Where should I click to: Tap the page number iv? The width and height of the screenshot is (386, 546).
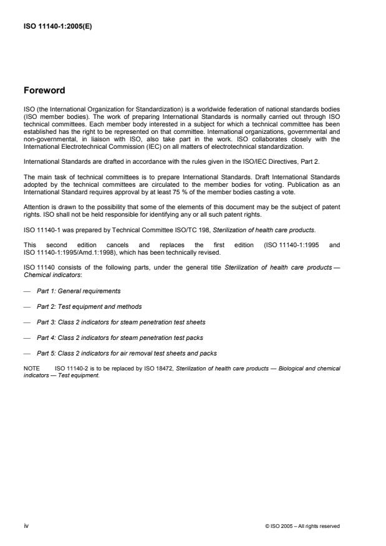coord(26,526)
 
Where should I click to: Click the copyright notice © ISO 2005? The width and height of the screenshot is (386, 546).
coord(302,527)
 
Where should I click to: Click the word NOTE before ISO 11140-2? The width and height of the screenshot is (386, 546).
coord(31,369)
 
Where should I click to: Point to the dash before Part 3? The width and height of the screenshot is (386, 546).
coord(26,322)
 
